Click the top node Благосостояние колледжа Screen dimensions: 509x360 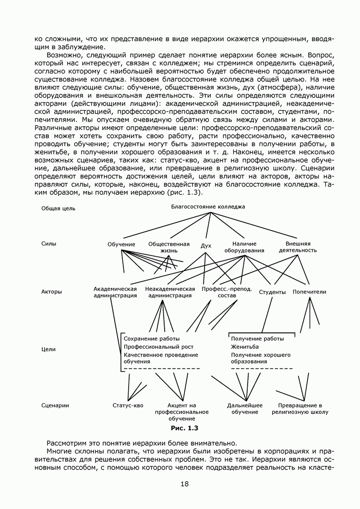coord(208,207)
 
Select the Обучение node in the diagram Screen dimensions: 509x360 coord(121,245)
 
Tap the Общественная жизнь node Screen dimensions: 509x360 coord(169,247)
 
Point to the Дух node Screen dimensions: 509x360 coord(206,246)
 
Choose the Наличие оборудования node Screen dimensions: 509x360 coord(244,247)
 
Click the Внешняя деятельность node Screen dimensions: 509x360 coord(298,247)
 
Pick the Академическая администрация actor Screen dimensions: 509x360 coord(115,292)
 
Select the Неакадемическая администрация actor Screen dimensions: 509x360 coord(170,292)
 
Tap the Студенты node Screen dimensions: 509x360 coord(272,292)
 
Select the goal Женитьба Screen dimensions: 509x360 coord(245,346)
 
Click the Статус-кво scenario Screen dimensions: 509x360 coord(128,405)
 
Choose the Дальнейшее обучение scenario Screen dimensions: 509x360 coord(245,409)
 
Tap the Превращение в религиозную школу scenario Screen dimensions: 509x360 coord(300,409)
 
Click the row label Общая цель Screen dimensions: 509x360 coord(58,209)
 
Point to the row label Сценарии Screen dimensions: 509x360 coord(55,405)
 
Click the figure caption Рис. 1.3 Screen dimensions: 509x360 coord(184,427)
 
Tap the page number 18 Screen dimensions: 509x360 coord(184,484)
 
